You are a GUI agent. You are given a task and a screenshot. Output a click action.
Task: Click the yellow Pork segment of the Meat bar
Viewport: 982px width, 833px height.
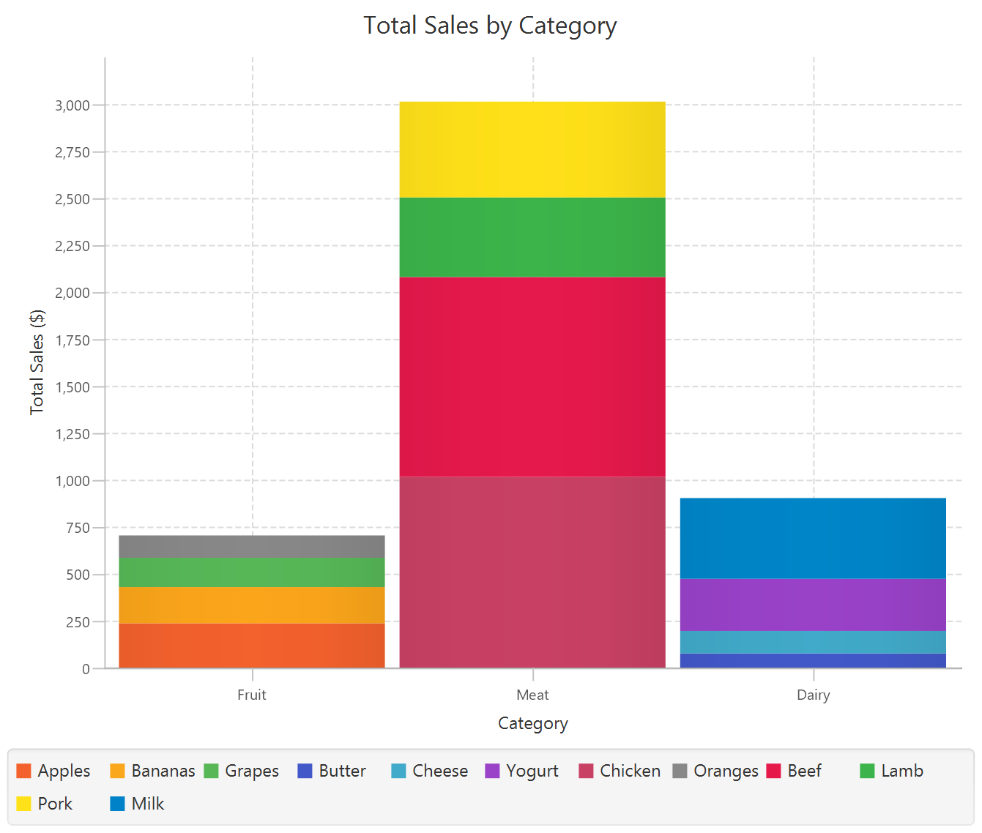tap(532, 149)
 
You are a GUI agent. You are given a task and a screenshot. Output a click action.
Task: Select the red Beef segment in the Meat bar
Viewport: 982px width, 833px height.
tap(532, 376)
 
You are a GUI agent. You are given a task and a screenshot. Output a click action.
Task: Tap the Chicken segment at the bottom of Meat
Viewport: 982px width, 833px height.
tap(532, 572)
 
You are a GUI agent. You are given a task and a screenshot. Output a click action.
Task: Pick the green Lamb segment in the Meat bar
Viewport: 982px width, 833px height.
tap(532, 237)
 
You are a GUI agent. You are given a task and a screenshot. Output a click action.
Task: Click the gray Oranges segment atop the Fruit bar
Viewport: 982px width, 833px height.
tap(252, 546)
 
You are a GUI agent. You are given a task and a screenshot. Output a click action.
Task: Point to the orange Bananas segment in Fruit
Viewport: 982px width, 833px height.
tap(252, 605)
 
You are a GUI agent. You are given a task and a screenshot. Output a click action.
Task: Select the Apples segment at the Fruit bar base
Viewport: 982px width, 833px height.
tap(252, 645)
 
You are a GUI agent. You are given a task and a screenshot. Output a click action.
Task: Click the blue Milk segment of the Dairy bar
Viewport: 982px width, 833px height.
tap(813, 538)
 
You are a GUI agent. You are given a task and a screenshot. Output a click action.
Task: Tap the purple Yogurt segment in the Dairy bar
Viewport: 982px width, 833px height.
tap(813, 605)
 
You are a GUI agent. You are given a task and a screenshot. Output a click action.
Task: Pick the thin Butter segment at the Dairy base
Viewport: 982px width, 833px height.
tap(813, 660)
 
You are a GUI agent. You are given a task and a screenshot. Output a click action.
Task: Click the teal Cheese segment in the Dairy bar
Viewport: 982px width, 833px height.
tap(813, 642)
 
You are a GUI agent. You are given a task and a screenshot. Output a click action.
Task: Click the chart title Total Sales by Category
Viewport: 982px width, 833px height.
tap(490, 26)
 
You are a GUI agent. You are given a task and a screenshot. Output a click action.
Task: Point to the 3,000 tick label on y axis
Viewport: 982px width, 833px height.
tap(72, 105)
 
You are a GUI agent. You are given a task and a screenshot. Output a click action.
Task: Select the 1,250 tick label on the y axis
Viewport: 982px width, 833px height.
tap(72, 434)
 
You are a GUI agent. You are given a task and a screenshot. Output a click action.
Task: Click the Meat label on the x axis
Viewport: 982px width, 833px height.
tap(532, 695)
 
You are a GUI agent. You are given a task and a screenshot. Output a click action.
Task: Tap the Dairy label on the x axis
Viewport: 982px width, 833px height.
tap(813, 695)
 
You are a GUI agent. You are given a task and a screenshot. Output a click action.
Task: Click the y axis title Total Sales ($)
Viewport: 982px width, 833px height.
tap(37, 362)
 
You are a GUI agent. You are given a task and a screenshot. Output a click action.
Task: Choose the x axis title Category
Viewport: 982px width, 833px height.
tap(532, 723)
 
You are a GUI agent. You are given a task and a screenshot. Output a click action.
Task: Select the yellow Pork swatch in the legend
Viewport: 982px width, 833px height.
tap(23, 804)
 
